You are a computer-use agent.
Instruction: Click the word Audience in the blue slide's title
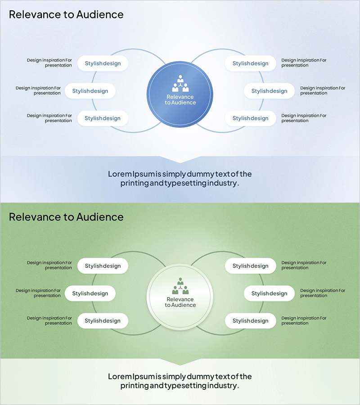tap(99, 14)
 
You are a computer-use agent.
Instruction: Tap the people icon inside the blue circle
tap(180, 84)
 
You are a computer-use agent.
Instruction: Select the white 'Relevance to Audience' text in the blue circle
tap(180, 99)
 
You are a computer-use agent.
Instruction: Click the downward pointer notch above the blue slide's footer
tap(180, 160)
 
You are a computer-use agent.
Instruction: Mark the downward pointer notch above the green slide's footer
tap(180, 362)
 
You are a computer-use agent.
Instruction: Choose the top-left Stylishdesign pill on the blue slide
tap(103, 63)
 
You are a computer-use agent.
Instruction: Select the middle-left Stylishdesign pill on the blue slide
tap(90, 91)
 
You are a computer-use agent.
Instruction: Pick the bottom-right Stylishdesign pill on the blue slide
tap(250, 118)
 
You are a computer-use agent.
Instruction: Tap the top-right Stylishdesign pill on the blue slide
tap(250, 63)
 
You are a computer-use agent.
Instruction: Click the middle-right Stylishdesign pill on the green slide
tap(269, 293)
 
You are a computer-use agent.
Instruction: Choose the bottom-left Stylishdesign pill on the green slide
tap(103, 321)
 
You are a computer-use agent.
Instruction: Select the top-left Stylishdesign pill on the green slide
tap(103, 266)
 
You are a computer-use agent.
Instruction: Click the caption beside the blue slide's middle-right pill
tap(323, 90)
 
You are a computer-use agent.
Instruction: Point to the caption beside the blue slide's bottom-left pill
tap(49, 118)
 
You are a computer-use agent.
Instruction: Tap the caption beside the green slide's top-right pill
tap(304, 265)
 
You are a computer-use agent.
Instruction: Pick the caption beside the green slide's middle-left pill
tap(38, 293)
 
